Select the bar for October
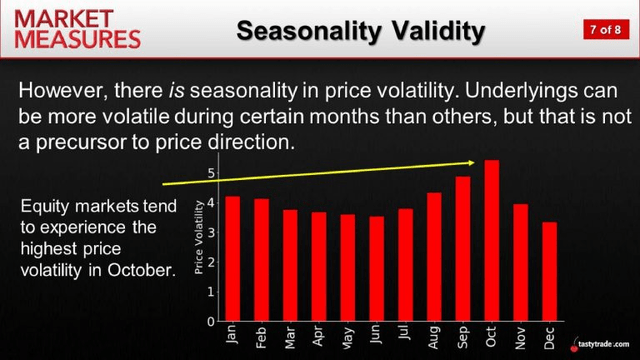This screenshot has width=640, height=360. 491,240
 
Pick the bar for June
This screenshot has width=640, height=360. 376,268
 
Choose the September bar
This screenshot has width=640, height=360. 462,248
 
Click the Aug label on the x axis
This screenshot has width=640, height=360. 434,339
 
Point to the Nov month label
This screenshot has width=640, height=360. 521,339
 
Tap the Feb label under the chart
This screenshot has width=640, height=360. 261,339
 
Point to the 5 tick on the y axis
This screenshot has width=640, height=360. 212,173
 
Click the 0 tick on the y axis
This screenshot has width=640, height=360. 212,322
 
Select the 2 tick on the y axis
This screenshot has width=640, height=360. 212,262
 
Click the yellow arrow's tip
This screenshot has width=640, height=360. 474,162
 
